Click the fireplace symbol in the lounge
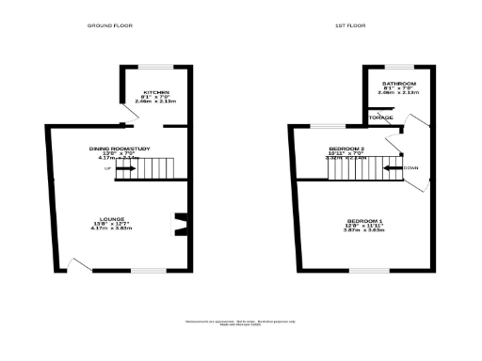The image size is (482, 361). [x=177, y=225]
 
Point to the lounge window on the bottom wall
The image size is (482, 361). [x=147, y=272]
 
